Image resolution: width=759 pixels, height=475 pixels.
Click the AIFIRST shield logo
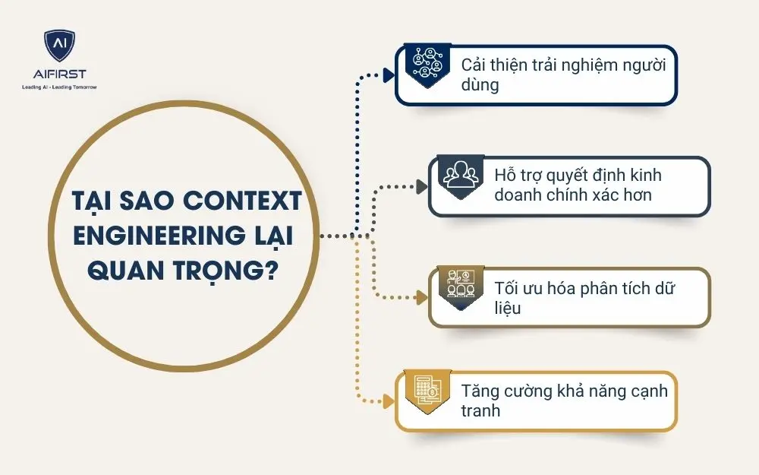click(x=59, y=47)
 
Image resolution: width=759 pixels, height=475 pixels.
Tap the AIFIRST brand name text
click(x=59, y=75)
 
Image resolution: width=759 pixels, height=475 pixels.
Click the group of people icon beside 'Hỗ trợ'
click(x=459, y=176)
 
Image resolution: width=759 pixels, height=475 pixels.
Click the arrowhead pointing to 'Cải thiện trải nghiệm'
click(x=389, y=74)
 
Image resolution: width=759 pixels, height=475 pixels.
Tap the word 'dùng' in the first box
click(x=480, y=85)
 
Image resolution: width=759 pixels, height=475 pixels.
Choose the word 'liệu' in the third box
click(x=509, y=308)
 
